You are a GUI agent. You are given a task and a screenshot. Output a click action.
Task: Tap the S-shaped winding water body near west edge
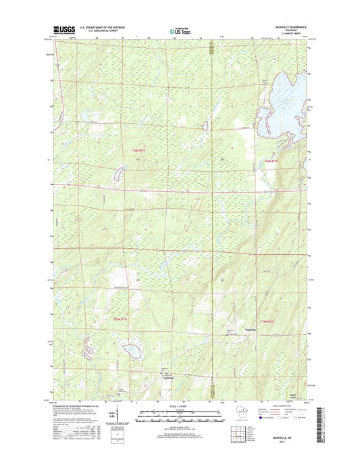pos(85,347)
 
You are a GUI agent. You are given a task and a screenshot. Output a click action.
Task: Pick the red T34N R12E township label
pos(270,160)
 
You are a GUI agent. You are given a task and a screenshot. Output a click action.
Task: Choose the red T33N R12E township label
pos(268,320)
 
